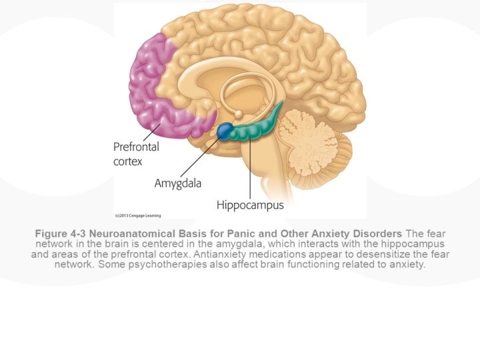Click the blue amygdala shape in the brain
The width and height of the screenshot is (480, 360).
click(x=225, y=130)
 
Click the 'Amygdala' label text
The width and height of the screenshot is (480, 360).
click(x=178, y=182)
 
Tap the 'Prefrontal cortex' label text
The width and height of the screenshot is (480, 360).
click(x=136, y=153)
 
